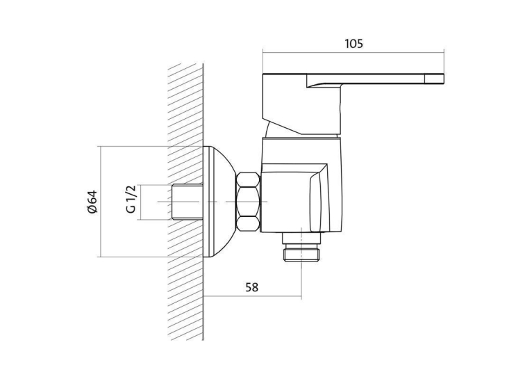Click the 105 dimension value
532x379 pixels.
[x=354, y=44]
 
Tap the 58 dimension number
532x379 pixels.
[x=251, y=287]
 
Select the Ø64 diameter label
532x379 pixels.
[x=92, y=202]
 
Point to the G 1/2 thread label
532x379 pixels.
[x=131, y=199]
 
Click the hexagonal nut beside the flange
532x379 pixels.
[x=249, y=202]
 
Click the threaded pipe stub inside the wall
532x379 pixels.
[x=188, y=202]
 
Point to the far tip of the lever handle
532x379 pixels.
[x=444, y=79]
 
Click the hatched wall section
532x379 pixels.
[x=185, y=202]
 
